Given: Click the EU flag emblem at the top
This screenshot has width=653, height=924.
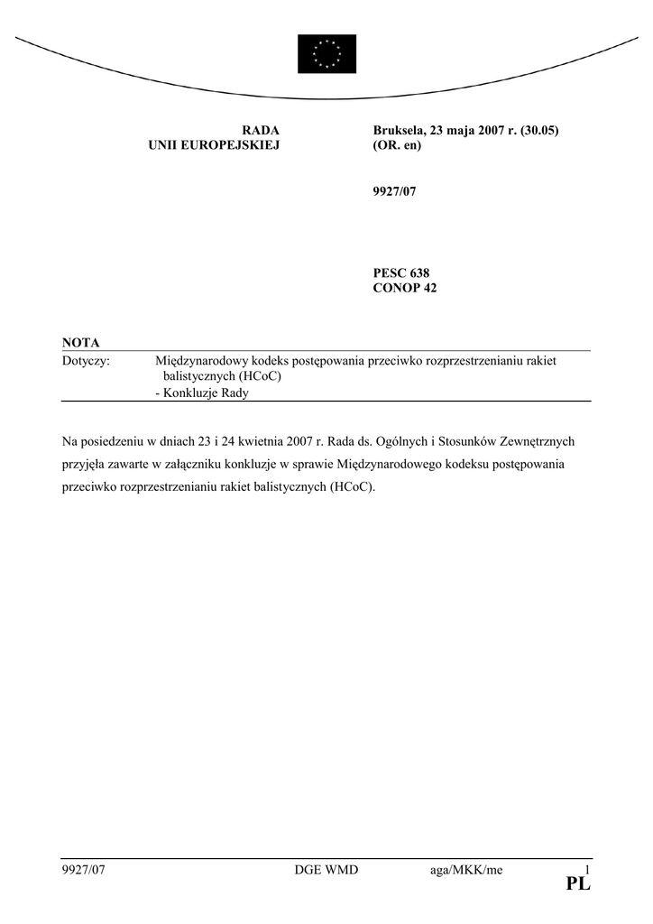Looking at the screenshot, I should [326, 53].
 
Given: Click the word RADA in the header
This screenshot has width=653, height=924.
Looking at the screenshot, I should [261, 130].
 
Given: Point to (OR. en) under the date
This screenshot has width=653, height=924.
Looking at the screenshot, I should [397, 145].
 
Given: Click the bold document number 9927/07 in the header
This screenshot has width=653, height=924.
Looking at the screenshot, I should [394, 192].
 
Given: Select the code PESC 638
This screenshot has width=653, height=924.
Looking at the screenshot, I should [401, 273].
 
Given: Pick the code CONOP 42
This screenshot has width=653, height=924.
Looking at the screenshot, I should [405, 288].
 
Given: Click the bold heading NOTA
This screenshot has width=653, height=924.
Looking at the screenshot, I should [81, 342].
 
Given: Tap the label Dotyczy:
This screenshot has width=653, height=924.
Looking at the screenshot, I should [86, 361].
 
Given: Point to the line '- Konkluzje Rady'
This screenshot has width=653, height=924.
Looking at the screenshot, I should [202, 393].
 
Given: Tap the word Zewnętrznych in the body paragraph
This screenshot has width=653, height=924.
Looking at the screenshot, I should [538, 442].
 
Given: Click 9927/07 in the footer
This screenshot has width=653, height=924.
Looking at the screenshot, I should [84, 870].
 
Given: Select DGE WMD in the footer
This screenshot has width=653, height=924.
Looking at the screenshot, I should [326, 870].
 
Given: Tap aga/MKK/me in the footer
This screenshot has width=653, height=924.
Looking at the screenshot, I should [466, 870].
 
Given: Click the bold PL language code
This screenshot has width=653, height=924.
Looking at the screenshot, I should [578, 886].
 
